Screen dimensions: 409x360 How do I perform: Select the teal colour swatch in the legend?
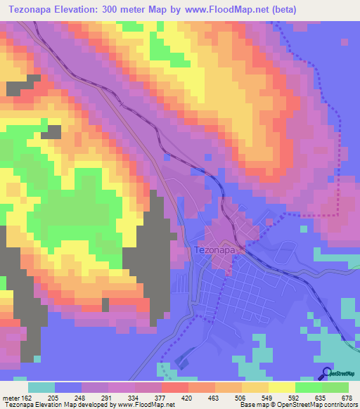point(42,387)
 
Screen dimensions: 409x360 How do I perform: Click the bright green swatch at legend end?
point(335,387)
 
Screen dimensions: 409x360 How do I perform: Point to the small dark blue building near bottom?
point(182,361)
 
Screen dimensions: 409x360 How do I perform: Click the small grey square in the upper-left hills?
point(51,131)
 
